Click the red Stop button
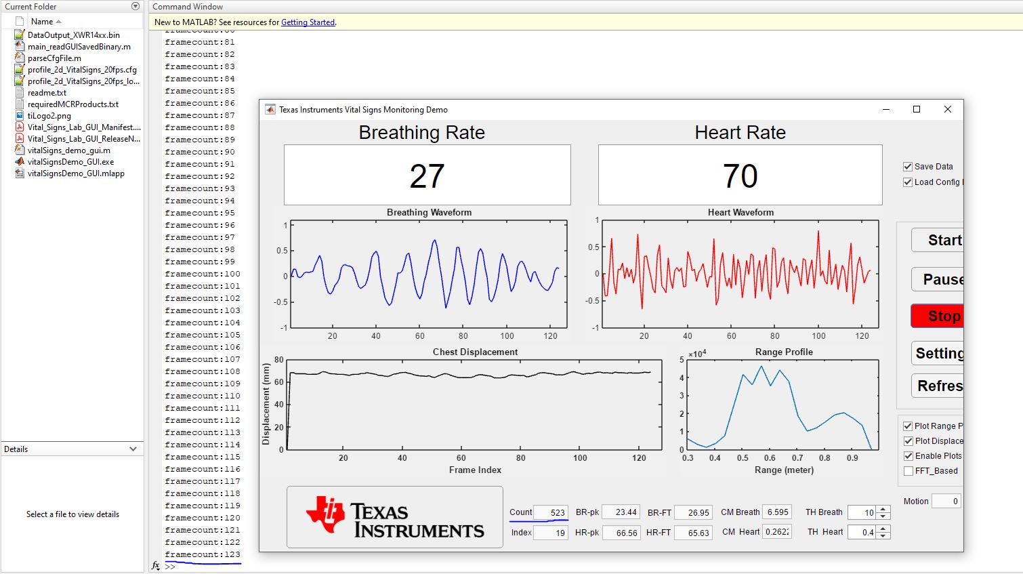tap(938, 316)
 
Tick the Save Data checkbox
tap(908, 167)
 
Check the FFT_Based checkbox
tap(909, 471)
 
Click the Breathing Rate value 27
tap(427, 176)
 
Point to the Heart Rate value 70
tap(740, 176)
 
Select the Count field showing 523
tap(550, 512)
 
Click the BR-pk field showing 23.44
tap(621, 512)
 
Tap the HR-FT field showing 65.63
tap(693, 533)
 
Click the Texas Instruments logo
tap(395, 517)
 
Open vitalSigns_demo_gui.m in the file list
tap(68, 150)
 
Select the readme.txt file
tap(47, 93)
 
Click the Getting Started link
tap(308, 22)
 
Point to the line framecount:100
tap(203, 274)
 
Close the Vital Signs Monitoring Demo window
tap(948, 109)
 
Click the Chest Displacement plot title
tap(475, 352)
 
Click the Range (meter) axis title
tap(784, 470)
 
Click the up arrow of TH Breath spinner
tap(883, 509)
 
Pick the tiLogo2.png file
tap(49, 116)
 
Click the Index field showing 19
tap(550, 533)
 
